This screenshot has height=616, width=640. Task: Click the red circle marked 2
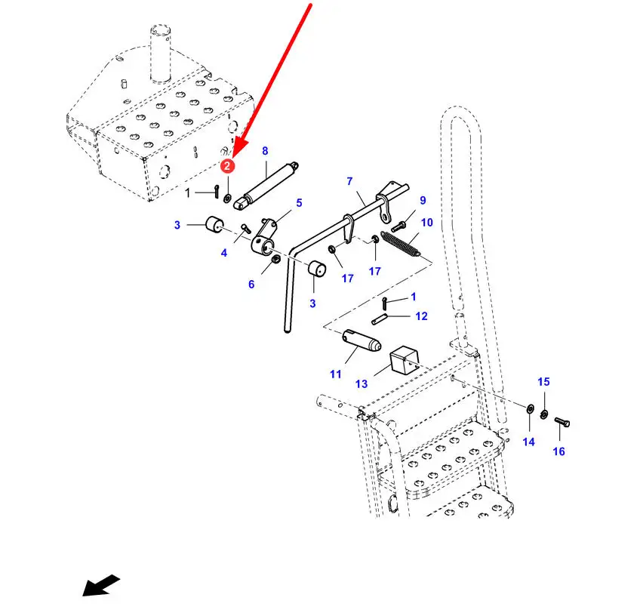227,165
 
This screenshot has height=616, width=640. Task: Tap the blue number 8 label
265,151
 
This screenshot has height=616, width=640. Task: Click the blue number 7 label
349,181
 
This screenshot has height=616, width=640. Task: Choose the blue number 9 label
423,200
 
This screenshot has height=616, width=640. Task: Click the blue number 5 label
299,202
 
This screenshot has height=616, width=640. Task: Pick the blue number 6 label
251,284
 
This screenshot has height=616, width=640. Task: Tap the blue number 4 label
224,253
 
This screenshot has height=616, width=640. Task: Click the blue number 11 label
336,374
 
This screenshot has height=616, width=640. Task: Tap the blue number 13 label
362,384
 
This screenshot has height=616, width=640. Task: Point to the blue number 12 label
421,316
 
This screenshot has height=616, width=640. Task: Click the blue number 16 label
558,451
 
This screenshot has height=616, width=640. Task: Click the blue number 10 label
427,222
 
